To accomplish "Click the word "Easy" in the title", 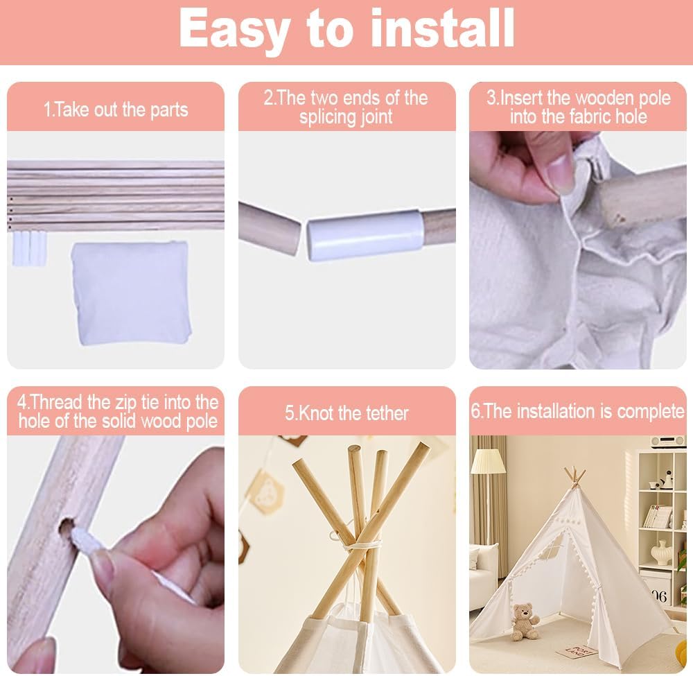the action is (233, 30).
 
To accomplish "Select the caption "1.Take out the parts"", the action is (116, 110).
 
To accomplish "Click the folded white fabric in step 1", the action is (132, 293).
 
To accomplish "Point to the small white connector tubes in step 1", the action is (29, 248).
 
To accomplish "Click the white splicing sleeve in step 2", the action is (365, 234).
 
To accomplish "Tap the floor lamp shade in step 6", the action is (488, 461).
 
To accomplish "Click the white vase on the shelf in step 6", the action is (662, 552).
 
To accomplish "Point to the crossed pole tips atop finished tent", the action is (574, 478).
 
